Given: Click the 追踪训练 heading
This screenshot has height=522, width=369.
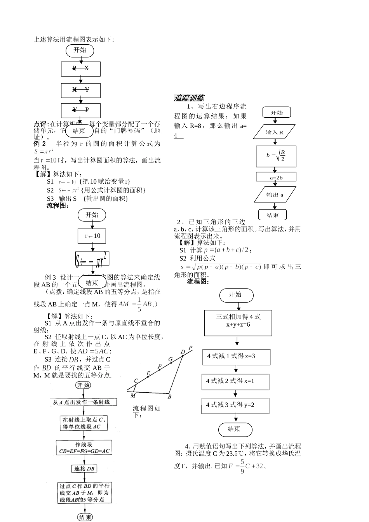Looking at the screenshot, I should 189,98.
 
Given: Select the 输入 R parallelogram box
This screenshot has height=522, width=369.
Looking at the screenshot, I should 274,132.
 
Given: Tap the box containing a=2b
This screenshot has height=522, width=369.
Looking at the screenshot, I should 276,177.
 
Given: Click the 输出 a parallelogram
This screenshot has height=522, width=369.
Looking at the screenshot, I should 275,195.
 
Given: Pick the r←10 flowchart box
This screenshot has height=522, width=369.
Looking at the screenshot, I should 92,236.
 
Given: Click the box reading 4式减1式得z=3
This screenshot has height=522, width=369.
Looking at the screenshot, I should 236,356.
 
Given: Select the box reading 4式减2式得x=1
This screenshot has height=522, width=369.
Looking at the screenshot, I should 235,381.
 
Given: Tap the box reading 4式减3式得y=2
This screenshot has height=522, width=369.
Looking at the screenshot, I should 235,405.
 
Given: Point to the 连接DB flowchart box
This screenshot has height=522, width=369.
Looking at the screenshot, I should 85,469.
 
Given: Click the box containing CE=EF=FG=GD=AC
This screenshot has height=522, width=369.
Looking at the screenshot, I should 84,448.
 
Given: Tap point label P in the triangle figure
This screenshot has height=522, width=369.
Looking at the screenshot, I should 190,348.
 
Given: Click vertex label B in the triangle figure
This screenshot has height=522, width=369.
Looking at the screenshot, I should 169,397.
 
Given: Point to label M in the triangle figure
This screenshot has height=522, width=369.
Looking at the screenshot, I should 133,395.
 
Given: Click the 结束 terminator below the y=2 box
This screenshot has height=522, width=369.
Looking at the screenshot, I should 235,429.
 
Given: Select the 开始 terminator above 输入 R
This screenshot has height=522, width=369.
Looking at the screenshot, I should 277,113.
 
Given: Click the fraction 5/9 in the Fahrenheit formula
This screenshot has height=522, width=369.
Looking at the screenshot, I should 242,466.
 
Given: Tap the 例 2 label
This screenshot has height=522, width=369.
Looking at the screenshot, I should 40,144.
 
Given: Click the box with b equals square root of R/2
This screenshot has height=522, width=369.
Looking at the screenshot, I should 276,156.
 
